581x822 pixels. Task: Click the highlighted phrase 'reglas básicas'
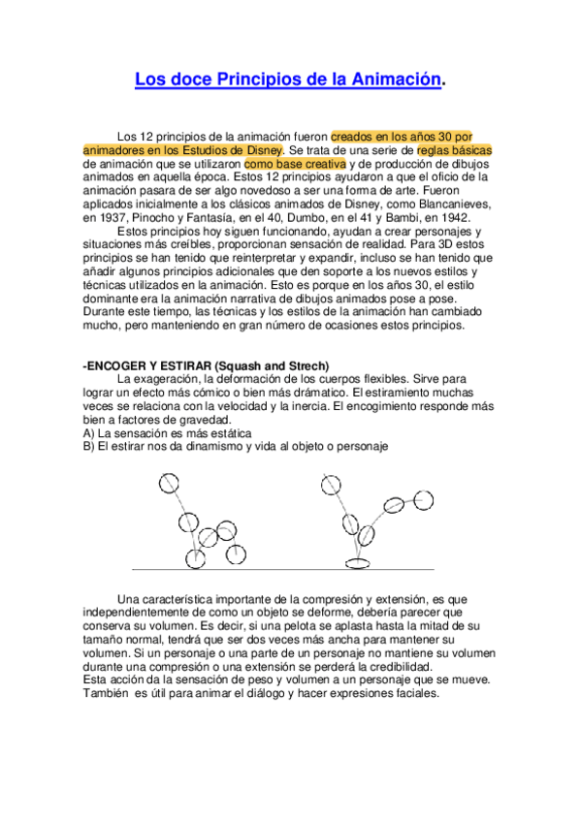(x=454, y=150)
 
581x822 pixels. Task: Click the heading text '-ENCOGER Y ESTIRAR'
(x=141, y=364)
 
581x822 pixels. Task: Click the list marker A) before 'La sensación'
(x=89, y=433)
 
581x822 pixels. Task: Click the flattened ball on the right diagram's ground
(x=358, y=561)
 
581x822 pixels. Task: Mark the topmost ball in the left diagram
(x=170, y=482)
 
